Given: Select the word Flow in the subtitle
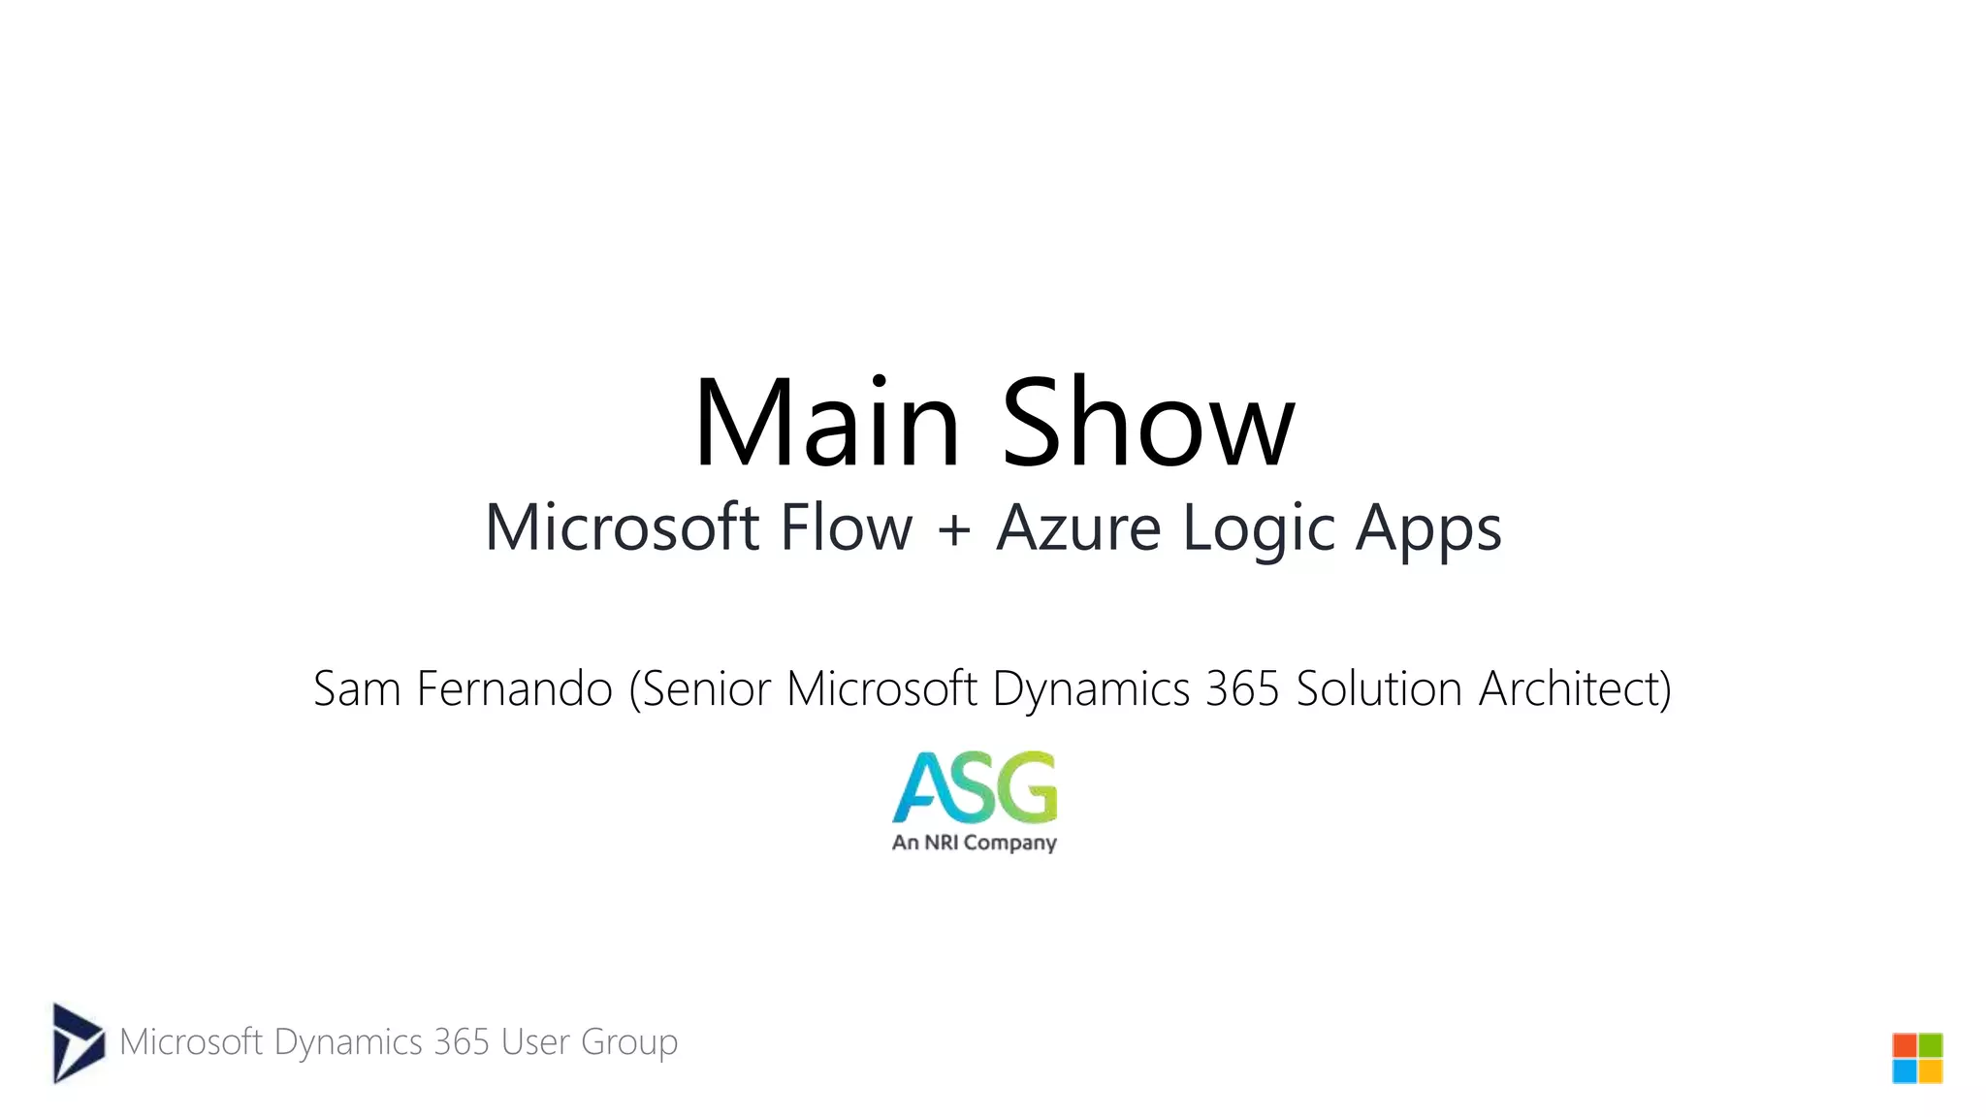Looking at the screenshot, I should [846, 528].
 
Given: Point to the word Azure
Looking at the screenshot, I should [1078, 528].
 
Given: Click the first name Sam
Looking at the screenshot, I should [357, 689].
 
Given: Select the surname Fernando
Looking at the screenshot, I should [514, 689].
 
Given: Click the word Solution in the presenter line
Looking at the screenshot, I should [1379, 689].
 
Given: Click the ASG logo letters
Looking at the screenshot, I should [975, 786].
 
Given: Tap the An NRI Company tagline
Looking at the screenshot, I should [975, 843].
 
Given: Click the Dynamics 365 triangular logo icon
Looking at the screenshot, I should [77, 1042].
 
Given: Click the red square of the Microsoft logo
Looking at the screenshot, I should [1905, 1045].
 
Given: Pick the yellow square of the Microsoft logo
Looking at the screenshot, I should [1931, 1071].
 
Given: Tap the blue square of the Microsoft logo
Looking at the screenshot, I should [1905, 1071].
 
